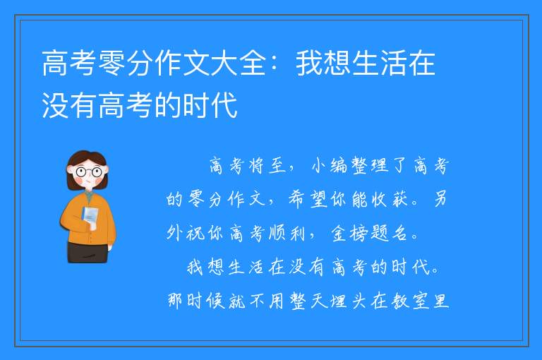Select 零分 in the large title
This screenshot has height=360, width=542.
(x=126, y=63)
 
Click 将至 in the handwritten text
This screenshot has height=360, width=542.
(x=267, y=166)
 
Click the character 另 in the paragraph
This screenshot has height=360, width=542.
(x=440, y=199)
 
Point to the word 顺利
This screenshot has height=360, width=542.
(x=287, y=233)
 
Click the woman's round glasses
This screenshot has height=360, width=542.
(x=89, y=172)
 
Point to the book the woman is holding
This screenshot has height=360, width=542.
(x=90, y=216)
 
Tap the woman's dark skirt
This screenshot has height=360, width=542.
(x=88, y=253)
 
